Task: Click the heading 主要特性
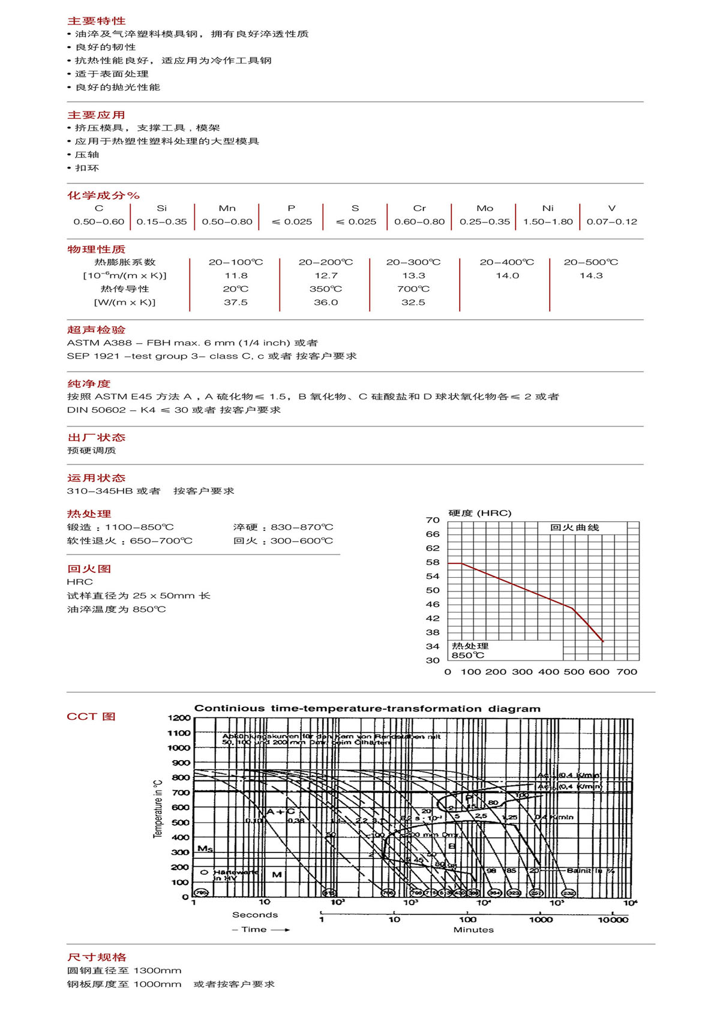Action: [96, 21]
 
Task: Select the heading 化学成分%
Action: [103, 195]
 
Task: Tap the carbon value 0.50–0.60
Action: [99, 221]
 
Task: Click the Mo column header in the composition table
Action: [485, 208]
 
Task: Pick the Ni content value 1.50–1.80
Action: [548, 221]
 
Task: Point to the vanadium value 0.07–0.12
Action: [612, 221]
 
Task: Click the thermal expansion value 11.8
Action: [236, 275]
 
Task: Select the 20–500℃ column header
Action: [590, 262]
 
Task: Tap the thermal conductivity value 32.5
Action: [413, 302]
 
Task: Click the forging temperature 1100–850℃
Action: [139, 527]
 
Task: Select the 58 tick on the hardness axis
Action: [433, 562]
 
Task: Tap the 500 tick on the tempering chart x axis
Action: [574, 672]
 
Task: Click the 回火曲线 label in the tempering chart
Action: [574, 527]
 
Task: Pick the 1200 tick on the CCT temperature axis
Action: [179, 718]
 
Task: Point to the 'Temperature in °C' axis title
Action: [158, 809]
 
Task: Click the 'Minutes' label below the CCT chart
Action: [473, 930]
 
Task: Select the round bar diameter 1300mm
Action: [157, 970]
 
